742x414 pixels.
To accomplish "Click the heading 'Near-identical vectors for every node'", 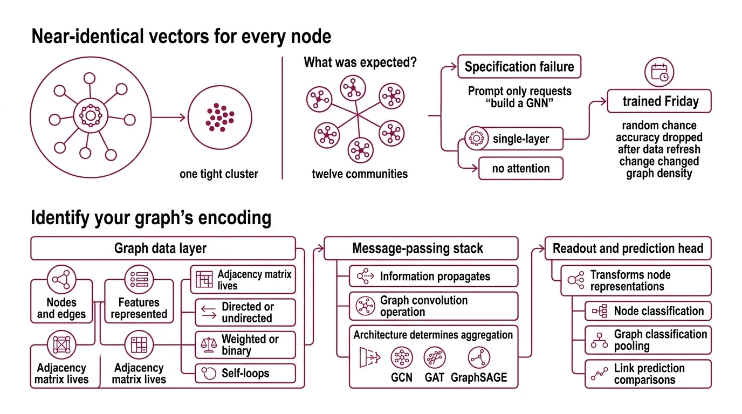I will pos(181,37).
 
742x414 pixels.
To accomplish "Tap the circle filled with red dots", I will pos(219,117).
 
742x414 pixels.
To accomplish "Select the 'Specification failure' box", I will pos(519,67).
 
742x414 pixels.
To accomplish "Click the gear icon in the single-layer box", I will pos(476,139).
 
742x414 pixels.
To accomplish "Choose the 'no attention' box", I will pos(520,168).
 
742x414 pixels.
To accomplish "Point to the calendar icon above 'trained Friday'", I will pos(659,73).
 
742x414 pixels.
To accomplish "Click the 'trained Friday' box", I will pos(659,101).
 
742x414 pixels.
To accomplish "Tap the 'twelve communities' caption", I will pos(360,174).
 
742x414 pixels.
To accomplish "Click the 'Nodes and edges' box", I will pos(61,301).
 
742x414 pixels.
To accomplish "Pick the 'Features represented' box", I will pos(139,301).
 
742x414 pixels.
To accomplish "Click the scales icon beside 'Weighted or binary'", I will pos(208,345).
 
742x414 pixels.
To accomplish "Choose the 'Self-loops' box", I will pos(245,373).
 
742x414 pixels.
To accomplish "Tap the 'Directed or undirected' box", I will pos(245,312).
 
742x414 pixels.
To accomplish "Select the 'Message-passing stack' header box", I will pos(420,249).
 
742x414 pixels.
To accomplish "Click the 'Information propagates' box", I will pos(433,277).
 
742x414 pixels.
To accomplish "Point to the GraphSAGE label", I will pos(479,377).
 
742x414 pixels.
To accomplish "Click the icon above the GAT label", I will pos(434,357).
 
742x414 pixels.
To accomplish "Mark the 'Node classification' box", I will pos(648,311).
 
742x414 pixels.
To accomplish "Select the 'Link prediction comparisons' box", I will pos(648,374).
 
